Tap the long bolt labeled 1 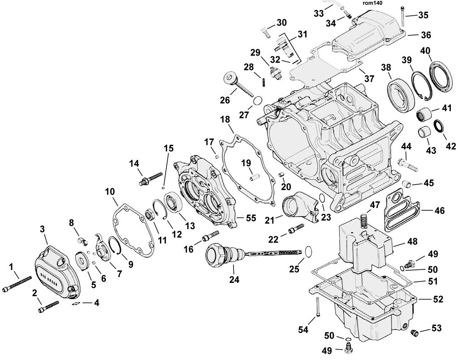click(17, 284)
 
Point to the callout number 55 click(251, 218)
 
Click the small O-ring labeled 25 click(307, 251)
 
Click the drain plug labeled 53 click(415, 332)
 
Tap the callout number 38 click(386, 68)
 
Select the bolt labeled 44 click(407, 165)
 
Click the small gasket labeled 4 click(76, 304)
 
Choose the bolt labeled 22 click(296, 229)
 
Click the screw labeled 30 click(265, 32)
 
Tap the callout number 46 click(440, 211)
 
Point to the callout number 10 click(110, 191)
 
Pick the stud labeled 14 click(150, 179)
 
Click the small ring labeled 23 click(322, 197)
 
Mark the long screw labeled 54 click(318, 307)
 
